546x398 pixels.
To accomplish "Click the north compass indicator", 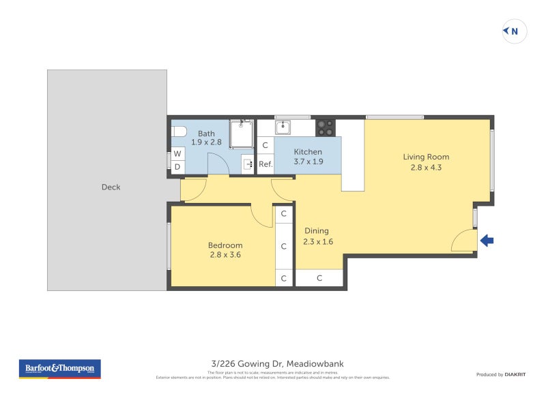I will pyautogui.click(x=515, y=31).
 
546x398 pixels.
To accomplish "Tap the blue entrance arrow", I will pyautogui.click(x=486, y=240).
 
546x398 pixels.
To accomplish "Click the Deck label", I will pyautogui.click(x=111, y=187).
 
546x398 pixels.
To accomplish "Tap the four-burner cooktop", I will pyautogui.click(x=325, y=127).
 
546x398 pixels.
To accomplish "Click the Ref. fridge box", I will pyautogui.click(x=265, y=164).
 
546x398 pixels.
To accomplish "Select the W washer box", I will pyautogui.click(x=177, y=154).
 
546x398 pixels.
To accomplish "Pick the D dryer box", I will pyautogui.click(x=177, y=167).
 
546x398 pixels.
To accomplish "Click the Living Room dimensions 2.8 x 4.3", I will pyautogui.click(x=426, y=167).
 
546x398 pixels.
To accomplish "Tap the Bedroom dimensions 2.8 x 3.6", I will pyautogui.click(x=225, y=255).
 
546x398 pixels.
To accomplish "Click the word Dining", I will pyautogui.click(x=317, y=230).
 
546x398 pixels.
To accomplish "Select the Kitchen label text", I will pyautogui.click(x=308, y=151).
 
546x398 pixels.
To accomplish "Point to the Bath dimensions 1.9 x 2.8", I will pyautogui.click(x=206, y=142).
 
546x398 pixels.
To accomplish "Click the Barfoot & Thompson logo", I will pyautogui.click(x=60, y=369).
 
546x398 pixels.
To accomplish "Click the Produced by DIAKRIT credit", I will pyautogui.click(x=500, y=374).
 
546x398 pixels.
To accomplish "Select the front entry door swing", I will pyautogui.click(x=465, y=241).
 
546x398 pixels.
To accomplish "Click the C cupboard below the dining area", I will pyautogui.click(x=319, y=278).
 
